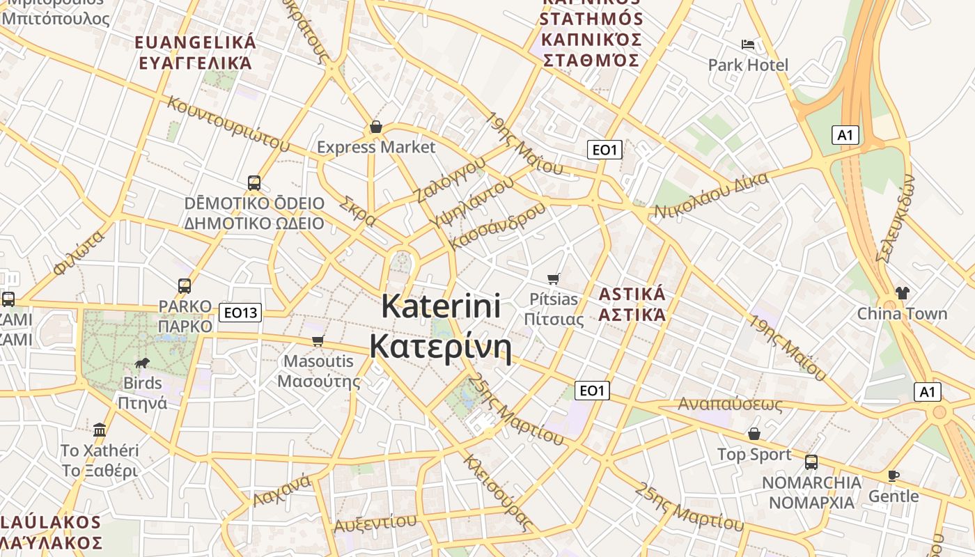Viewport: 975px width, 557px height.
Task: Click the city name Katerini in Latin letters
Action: tap(442, 306)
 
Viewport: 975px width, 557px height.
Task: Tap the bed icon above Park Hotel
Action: tap(749, 45)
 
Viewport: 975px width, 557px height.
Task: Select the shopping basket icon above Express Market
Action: tap(376, 127)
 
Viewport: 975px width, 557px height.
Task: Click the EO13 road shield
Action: tap(240, 313)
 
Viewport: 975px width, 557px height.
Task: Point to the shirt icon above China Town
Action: tap(903, 293)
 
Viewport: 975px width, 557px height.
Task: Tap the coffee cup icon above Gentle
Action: tap(894, 476)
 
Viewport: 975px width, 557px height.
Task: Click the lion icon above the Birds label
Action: tap(142, 363)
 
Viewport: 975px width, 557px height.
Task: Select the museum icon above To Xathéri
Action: tap(100, 430)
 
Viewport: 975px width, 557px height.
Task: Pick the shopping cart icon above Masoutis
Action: tap(318, 340)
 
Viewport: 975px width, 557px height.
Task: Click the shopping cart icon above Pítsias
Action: tap(554, 278)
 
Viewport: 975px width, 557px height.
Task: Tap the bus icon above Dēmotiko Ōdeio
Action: tap(254, 183)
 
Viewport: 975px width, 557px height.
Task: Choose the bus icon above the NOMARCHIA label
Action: tap(811, 462)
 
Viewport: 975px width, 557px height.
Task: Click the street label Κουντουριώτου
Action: tap(228, 123)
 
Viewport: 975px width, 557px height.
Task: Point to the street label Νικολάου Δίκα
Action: tap(711, 195)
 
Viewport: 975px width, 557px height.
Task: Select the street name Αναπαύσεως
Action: tap(730, 404)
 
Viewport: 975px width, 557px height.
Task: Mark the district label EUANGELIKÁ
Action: tap(196, 42)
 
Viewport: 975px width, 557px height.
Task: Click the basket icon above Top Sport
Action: tap(754, 434)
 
